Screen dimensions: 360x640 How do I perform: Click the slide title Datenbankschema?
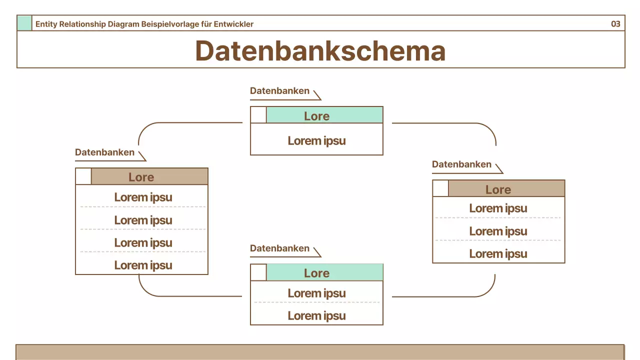(x=320, y=50)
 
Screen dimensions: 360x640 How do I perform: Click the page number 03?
(x=615, y=23)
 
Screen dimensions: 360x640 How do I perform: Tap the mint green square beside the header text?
(x=24, y=23)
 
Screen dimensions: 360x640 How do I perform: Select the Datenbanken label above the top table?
(x=279, y=91)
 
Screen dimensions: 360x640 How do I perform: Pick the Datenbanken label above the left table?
(x=104, y=152)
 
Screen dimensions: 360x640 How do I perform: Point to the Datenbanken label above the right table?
(x=461, y=164)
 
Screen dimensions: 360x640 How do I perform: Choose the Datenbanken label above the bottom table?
(x=279, y=248)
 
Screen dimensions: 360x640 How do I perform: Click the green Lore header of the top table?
(x=324, y=115)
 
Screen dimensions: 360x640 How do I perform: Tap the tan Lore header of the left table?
(x=149, y=177)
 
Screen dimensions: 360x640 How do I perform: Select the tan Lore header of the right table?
(x=506, y=189)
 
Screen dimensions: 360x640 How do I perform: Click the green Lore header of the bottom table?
(x=324, y=272)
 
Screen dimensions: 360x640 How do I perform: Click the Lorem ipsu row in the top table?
(x=316, y=140)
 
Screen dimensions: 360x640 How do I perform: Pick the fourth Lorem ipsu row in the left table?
(x=143, y=265)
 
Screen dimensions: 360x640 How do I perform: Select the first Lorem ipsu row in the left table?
(x=143, y=197)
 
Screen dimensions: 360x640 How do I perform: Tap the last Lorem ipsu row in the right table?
(x=498, y=253)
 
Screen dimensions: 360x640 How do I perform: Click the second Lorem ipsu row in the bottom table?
(x=316, y=315)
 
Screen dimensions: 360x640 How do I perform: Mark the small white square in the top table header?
(x=258, y=115)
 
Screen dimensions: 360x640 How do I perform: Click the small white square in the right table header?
(x=440, y=188)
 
